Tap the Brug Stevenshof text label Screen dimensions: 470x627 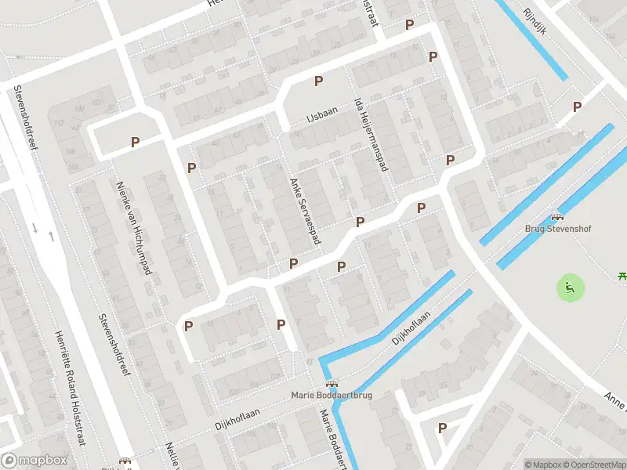click(x=557, y=229)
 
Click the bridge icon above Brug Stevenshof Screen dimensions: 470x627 click(x=557, y=217)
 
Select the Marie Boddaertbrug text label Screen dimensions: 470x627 click(x=332, y=395)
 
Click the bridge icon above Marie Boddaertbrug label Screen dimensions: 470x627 click(x=332, y=384)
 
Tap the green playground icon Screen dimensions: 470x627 click(x=570, y=287)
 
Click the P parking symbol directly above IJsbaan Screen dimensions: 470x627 click(x=318, y=81)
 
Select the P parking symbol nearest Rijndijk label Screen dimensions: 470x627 click(x=577, y=107)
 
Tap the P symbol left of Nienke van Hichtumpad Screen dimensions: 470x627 click(x=135, y=143)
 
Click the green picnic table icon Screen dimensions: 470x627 click(x=622, y=275)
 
